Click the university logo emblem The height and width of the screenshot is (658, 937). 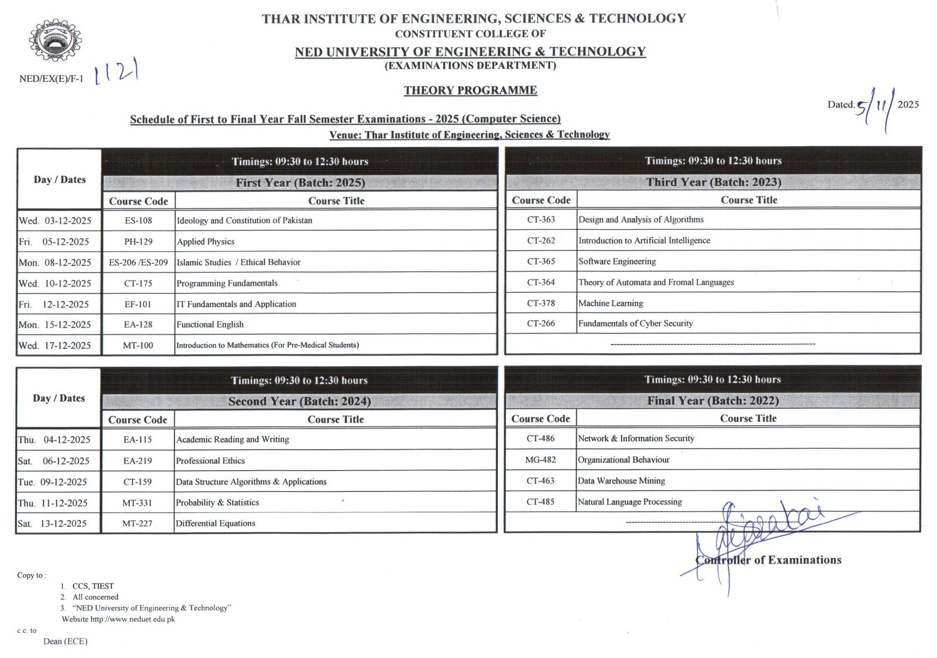pyautogui.click(x=55, y=40)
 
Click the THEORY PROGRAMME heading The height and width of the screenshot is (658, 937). pyautogui.click(x=470, y=90)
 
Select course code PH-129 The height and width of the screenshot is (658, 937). pyautogui.click(x=138, y=241)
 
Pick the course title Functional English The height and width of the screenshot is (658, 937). pyautogui.click(x=210, y=324)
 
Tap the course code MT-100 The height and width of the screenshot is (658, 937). pyautogui.click(x=138, y=345)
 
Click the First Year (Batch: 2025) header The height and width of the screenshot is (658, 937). pyautogui.click(x=300, y=183)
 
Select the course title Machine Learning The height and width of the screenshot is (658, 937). pyautogui.click(x=611, y=303)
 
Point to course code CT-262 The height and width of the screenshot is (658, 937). pyautogui.click(x=541, y=241)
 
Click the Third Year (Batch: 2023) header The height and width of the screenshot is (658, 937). pyautogui.click(x=714, y=182)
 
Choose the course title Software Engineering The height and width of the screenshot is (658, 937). pyautogui.click(x=617, y=261)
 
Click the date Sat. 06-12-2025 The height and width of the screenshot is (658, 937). pyautogui.click(x=54, y=461)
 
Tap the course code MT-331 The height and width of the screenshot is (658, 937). pyautogui.click(x=138, y=502)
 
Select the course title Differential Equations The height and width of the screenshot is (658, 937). pyautogui.click(x=215, y=523)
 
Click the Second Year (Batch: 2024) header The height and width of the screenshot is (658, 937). pyautogui.click(x=300, y=401)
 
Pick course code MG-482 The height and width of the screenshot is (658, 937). pyautogui.click(x=541, y=460)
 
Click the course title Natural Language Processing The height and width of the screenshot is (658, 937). pyautogui.click(x=630, y=501)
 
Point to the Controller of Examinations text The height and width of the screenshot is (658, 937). pyautogui.click(x=768, y=560)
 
